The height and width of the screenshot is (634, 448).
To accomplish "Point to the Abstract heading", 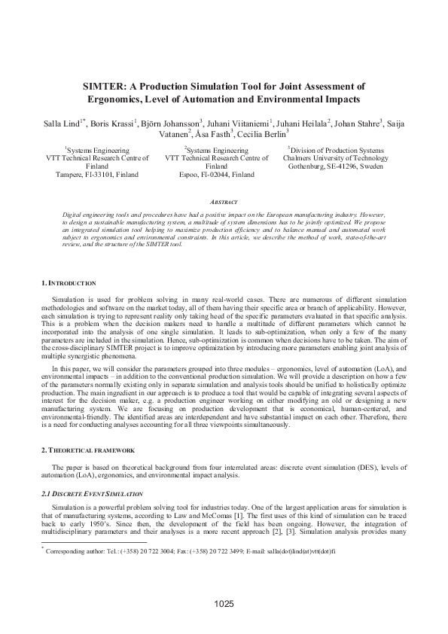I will [224, 202].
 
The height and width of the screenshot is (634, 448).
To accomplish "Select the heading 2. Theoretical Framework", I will [87, 450].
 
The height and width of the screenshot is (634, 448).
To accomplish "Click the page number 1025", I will [224, 603].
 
